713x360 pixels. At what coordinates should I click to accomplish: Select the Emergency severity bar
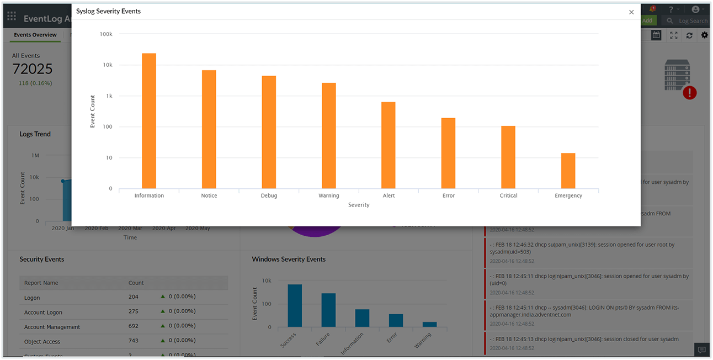tap(568, 171)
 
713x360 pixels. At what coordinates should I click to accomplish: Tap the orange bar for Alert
tap(389, 145)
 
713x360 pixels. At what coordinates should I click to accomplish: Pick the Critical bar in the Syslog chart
tap(508, 157)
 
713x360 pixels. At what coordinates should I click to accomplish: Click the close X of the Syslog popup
tap(631, 12)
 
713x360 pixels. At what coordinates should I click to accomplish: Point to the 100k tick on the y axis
tap(106, 34)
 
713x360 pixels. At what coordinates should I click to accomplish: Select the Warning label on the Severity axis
tap(329, 195)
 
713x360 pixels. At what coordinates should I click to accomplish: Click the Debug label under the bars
tap(269, 195)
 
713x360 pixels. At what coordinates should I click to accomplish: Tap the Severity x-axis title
tap(359, 205)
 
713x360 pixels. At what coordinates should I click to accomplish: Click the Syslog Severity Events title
tap(108, 11)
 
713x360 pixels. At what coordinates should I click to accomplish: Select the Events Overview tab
tap(35, 35)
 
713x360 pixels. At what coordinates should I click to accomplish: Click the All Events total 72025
tap(33, 69)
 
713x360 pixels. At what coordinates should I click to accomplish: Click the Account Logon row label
tap(43, 313)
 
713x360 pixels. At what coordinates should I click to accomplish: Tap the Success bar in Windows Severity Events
tap(295, 305)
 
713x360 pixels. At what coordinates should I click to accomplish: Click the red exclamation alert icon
tap(689, 93)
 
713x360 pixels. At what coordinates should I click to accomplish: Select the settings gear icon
tap(705, 35)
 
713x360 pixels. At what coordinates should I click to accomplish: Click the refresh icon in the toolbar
tap(689, 35)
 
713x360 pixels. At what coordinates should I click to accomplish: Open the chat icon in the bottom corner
tap(701, 350)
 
